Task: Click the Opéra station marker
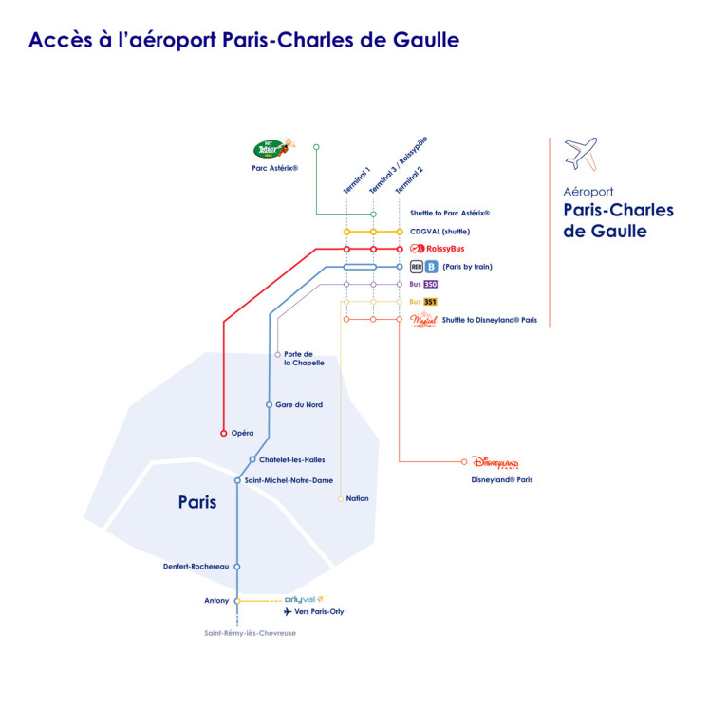(224, 433)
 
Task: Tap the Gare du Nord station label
(299, 405)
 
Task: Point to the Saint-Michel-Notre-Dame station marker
(237, 480)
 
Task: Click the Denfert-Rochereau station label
(196, 567)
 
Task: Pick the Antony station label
(216, 600)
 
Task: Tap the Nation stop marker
(341, 498)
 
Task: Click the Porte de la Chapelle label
(304, 359)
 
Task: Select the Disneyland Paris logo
(495, 462)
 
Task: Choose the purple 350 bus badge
(430, 284)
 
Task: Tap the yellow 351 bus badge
(430, 302)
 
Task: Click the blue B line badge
(431, 267)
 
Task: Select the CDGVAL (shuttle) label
(439, 232)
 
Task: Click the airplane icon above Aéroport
(581, 153)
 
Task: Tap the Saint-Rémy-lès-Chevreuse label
(250, 633)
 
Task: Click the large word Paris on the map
(197, 502)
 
